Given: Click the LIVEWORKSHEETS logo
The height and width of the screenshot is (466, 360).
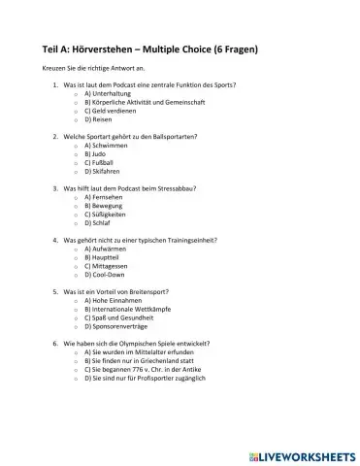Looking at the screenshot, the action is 304,452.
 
